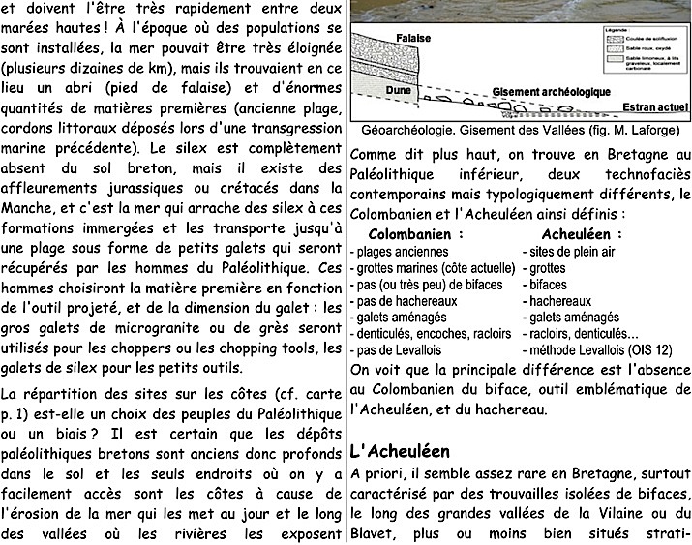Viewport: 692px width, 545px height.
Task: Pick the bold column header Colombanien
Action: (410, 234)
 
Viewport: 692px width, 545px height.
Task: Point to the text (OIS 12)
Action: (639, 350)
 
